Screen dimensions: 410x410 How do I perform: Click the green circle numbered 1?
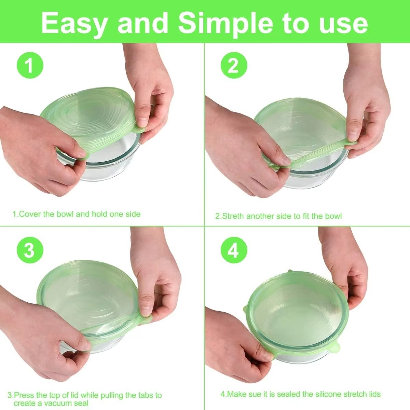[x=29, y=65]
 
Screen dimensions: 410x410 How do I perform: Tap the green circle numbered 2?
[x=234, y=65]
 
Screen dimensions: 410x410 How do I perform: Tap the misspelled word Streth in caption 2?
[x=233, y=216]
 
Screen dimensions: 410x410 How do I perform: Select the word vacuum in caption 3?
[x=57, y=403]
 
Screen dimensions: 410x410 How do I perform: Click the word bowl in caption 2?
[x=333, y=216]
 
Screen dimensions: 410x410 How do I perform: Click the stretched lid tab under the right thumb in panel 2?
[x=350, y=143]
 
